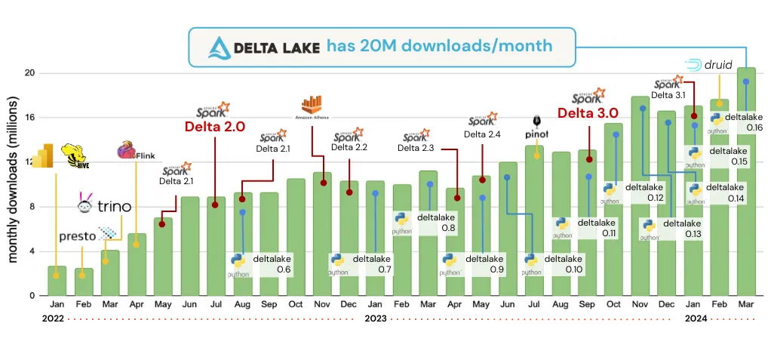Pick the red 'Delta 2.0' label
[215, 127]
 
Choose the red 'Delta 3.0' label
[588, 114]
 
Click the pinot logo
[537, 125]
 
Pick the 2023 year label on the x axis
[375, 318]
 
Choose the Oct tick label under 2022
[296, 304]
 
